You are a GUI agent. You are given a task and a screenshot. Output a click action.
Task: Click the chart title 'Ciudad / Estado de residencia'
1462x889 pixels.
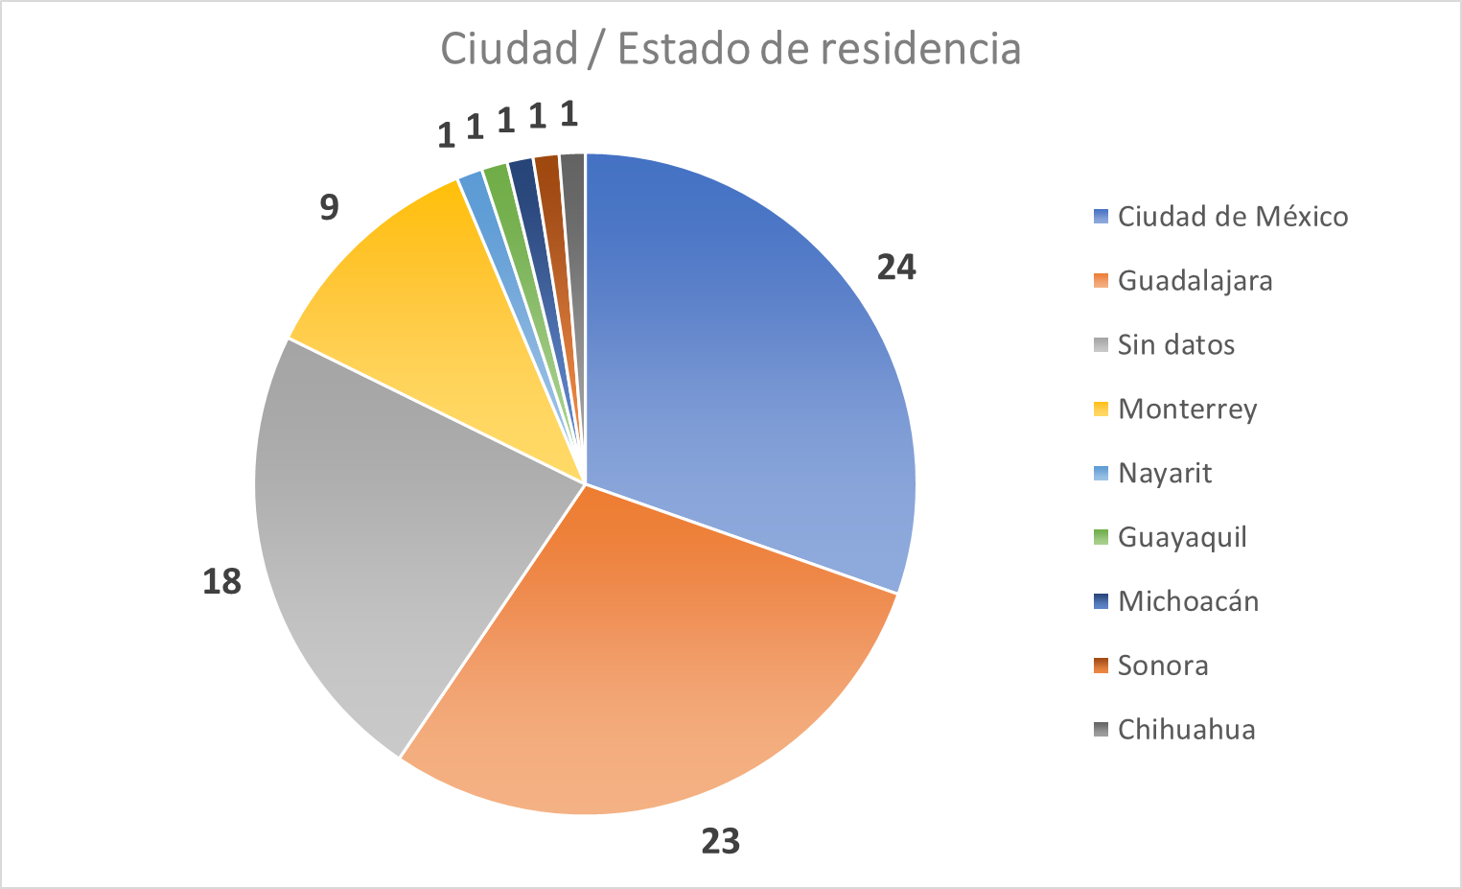click(731, 48)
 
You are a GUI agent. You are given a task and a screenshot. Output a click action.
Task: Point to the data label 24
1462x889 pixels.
click(896, 268)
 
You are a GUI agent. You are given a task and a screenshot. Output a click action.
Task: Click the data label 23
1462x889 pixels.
click(721, 841)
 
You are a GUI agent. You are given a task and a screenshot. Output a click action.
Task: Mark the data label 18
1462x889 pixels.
click(221, 581)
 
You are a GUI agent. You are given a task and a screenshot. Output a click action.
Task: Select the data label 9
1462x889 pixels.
click(329, 207)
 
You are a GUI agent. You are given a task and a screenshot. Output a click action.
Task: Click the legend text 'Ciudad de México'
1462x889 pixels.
click(1233, 217)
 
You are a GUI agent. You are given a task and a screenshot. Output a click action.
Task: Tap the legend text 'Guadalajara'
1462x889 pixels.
click(1195, 281)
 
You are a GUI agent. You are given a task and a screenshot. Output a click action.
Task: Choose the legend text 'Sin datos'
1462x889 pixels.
click(1176, 345)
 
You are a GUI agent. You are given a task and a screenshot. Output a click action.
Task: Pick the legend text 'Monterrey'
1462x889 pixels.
click(1187, 409)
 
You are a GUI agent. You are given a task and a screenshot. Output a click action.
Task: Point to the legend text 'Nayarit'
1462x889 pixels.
click(1165, 474)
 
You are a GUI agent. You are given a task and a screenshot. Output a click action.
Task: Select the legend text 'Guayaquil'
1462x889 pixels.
click(1182, 538)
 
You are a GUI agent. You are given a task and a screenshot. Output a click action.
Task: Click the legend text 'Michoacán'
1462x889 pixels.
click(1188, 601)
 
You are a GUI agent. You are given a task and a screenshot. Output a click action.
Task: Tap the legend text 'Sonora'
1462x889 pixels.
click(1163, 666)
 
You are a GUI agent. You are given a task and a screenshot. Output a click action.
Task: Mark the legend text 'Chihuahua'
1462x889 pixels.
click(1186, 730)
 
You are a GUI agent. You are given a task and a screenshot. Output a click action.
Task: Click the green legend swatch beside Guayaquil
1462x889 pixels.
click(1101, 537)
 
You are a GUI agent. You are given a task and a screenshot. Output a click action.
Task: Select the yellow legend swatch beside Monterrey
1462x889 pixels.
click(1101, 409)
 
